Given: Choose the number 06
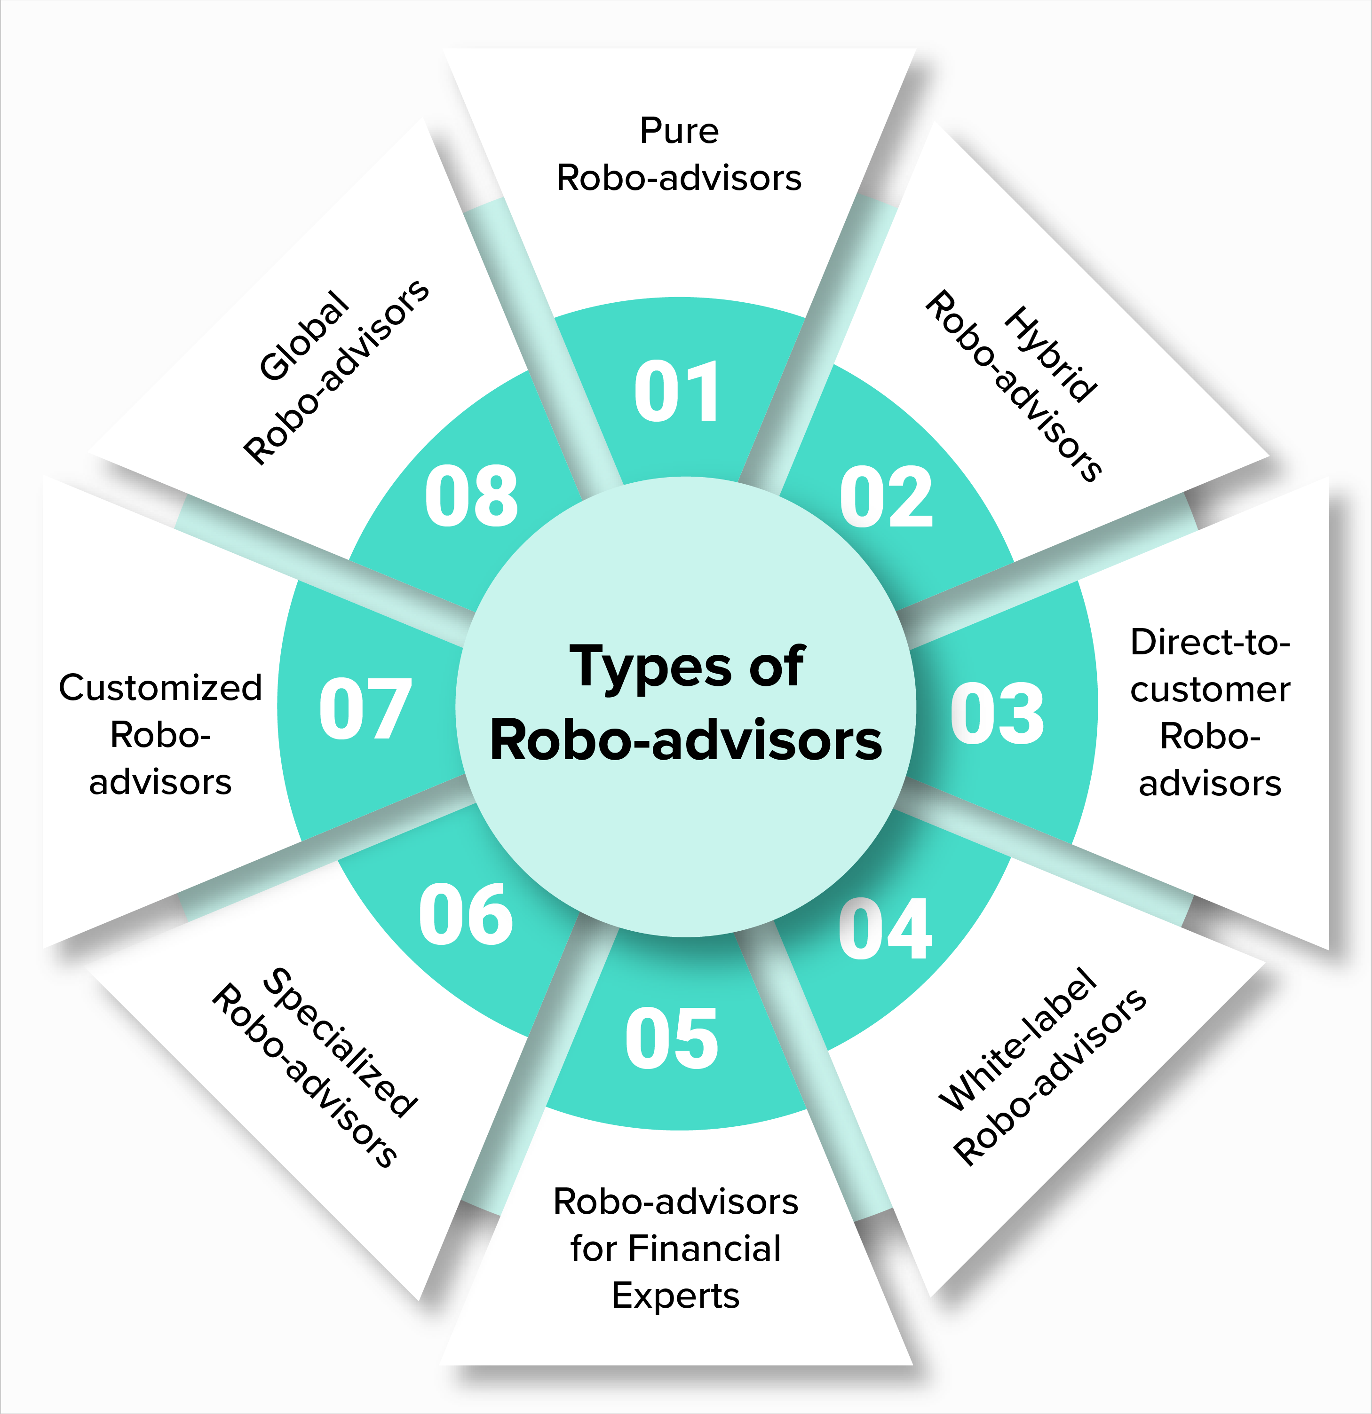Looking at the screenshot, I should (x=466, y=915).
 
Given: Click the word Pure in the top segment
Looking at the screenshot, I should (x=679, y=131).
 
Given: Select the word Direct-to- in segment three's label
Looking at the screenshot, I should (x=1210, y=642).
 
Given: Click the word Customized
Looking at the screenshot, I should (x=160, y=688).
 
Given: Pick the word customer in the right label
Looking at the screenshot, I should (x=1210, y=690).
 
